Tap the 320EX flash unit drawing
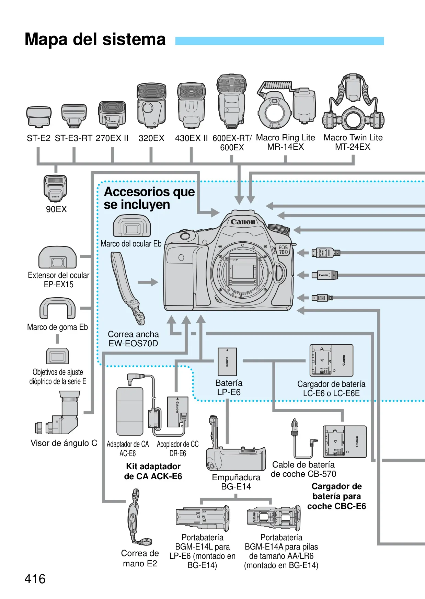click(151, 105)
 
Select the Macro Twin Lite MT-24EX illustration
click(353, 102)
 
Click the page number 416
click(35, 579)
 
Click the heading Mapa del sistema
click(95, 39)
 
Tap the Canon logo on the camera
click(243, 222)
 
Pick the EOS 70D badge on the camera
click(283, 250)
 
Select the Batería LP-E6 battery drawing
click(227, 362)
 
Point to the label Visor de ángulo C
click(64, 443)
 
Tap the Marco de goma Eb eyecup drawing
click(57, 309)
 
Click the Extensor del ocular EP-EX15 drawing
click(57, 257)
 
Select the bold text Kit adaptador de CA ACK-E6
click(153, 471)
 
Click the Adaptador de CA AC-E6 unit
click(130, 411)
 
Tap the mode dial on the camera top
click(278, 229)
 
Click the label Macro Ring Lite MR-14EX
click(286, 142)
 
